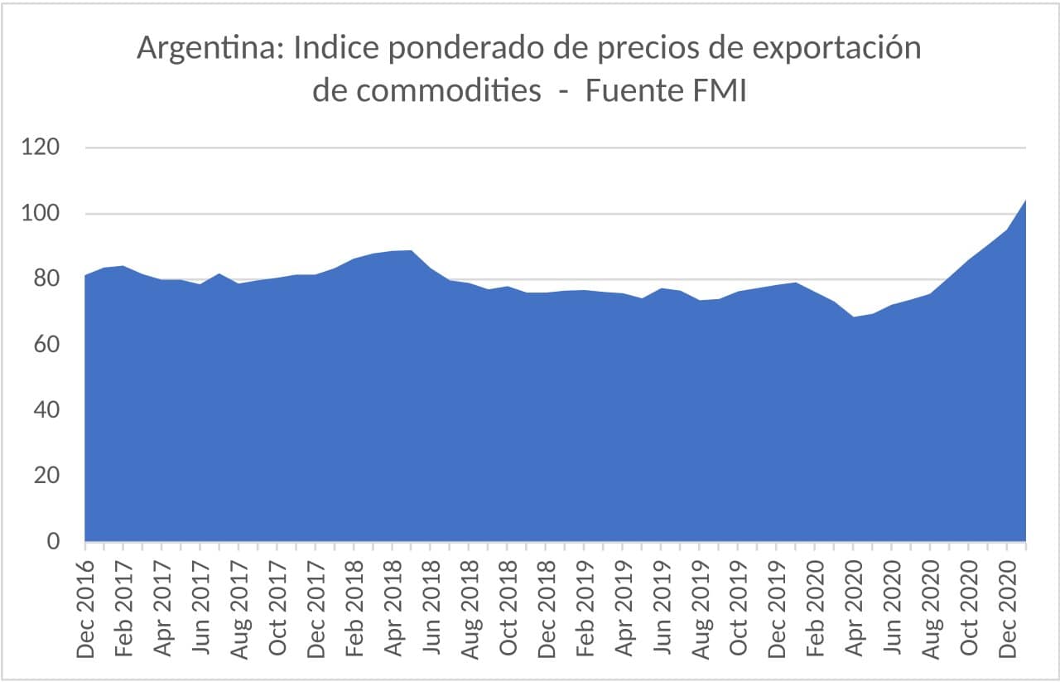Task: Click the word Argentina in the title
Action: pyautogui.click(x=207, y=48)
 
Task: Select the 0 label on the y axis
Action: pyautogui.click(x=55, y=541)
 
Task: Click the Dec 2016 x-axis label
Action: pyautogui.click(x=85, y=609)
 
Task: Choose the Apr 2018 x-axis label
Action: pyautogui.click(x=393, y=609)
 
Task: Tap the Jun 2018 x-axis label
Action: pyautogui.click(x=431, y=609)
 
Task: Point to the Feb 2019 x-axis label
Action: pyautogui.click(x=585, y=609)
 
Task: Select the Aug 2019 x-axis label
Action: pyautogui.click(x=701, y=609)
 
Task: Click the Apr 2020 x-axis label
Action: pyautogui.click(x=854, y=609)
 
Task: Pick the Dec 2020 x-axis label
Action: pyautogui.click(x=1007, y=609)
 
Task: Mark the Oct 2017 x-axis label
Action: pyautogui.click(x=277, y=609)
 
